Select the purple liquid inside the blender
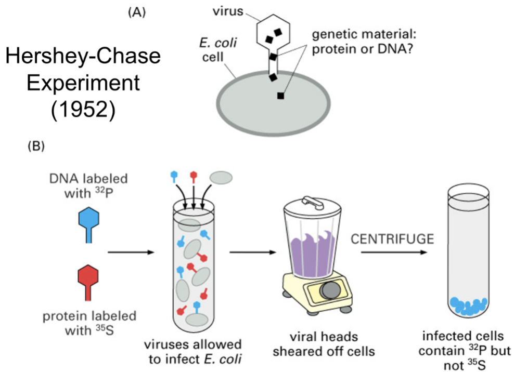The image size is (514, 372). pyautogui.click(x=315, y=253)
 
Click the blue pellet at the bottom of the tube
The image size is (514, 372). pyautogui.click(x=469, y=306)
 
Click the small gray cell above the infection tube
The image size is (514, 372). pyautogui.click(x=221, y=178)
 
